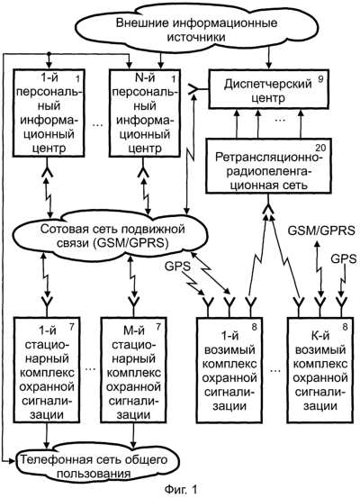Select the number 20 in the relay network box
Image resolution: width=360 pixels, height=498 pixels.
point(321,148)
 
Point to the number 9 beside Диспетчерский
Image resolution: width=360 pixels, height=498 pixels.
point(320,78)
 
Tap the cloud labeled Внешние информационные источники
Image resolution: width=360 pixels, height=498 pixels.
point(196,29)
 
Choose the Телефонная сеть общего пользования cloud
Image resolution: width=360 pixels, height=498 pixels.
point(96,466)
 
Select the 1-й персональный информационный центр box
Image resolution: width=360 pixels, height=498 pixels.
point(49,113)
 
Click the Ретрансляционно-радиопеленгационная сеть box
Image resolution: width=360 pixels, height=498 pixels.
point(268,166)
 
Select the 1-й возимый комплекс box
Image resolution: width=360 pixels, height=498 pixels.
point(229,370)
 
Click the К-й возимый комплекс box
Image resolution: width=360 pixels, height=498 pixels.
point(320,370)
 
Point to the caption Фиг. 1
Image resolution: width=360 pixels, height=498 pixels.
point(181,490)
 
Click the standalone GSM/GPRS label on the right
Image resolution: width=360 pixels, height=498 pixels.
point(321,231)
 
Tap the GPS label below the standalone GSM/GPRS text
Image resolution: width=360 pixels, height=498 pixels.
point(344,258)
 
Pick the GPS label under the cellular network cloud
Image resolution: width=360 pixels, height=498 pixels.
point(177,267)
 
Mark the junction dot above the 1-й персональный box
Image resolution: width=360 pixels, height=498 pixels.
point(49,54)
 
